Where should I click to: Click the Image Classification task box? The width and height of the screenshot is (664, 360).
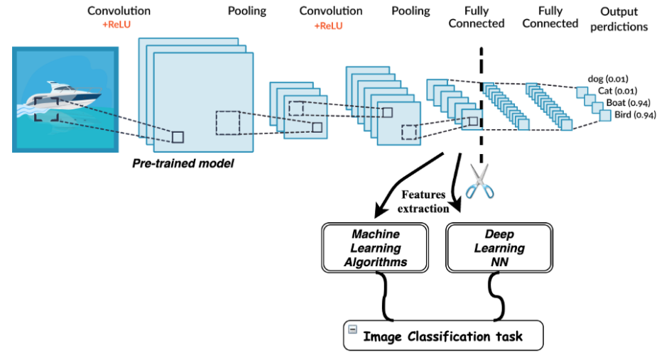443,335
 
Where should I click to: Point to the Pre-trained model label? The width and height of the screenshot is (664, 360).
183,163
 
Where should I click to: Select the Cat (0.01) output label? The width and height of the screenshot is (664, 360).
616,90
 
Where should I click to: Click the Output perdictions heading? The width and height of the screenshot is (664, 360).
619,19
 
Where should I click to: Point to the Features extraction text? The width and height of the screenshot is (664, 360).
424,201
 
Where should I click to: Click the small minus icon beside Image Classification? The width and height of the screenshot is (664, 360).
352,329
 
